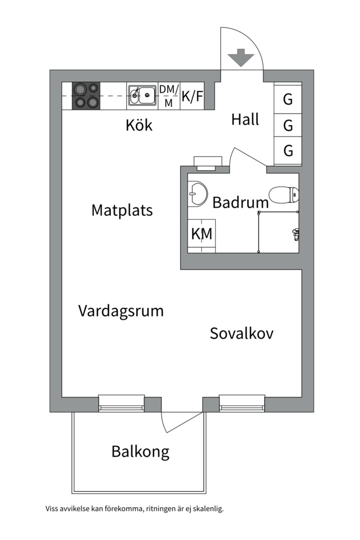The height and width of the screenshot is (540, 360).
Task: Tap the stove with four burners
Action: (x=86, y=95)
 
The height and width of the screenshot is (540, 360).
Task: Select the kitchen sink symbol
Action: (x=142, y=95)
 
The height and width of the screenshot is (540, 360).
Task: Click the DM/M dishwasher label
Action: (x=169, y=96)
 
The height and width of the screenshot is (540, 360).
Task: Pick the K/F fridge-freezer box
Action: (x=192, y=96)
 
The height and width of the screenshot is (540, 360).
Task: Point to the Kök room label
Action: (x=139, y=125)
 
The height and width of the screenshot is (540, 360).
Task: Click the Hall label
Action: (x=245, y=119)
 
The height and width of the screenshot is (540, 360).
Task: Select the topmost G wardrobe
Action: (x=288, y=99)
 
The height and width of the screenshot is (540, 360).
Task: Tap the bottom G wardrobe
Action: (x=288, y=150)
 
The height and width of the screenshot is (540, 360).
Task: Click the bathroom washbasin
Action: (x=198, y=193)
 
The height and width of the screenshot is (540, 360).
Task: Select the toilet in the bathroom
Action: (x=284, y=194)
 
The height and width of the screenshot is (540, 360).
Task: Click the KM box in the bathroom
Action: (x=201, y=234)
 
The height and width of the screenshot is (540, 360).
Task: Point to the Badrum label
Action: (x=240, y=202)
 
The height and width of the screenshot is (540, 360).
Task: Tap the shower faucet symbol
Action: (x=295, y=232)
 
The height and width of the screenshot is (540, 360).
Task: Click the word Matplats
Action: (x=121, y=210)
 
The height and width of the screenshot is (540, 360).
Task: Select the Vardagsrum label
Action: (x=121, y=310)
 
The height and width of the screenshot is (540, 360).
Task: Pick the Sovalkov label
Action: (x=241, y=333)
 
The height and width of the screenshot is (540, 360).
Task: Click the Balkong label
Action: (x=140, y=452)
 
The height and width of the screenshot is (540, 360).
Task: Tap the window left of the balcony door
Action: (x=121, y=403)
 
